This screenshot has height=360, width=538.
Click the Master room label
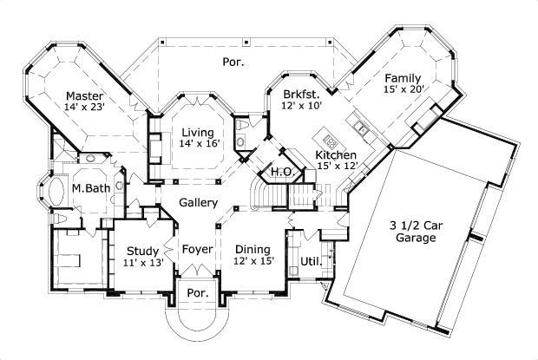[85, 95]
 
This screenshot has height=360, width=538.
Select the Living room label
[195, 133]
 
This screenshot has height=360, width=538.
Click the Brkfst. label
[301, 94]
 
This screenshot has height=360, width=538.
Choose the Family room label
[403, 76]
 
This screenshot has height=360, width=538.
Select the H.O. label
[281, 172]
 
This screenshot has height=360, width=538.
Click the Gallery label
[198, 202]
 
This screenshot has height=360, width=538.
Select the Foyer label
[197, 250]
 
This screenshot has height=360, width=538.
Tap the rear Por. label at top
[233, 62]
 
